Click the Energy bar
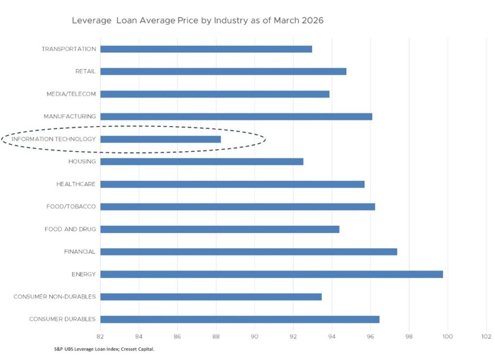271,274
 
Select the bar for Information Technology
160,139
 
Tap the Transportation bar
206,49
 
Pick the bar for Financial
248,252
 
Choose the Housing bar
202,162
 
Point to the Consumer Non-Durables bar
211,297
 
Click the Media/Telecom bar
215,94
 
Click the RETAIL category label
85,72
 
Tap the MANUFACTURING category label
70,117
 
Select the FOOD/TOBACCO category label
72,207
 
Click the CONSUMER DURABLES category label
62,319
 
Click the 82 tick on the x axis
100,336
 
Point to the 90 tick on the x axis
255,336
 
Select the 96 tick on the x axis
370,336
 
